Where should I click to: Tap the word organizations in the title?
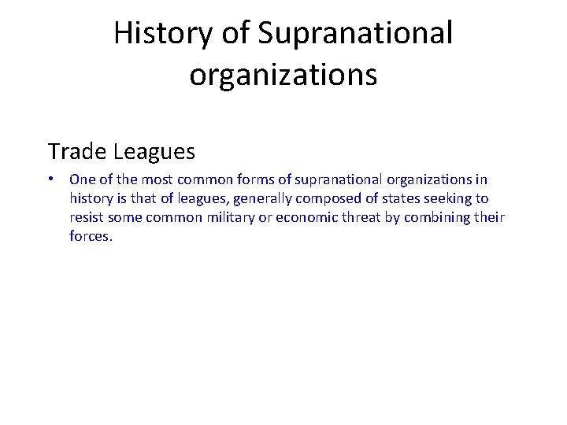(283, 75)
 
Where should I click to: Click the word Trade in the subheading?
(77, 150)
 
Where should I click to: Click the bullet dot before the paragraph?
(50, 179)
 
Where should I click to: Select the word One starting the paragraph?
(81, 179)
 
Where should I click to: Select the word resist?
(87, 217)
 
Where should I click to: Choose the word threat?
(361, 217)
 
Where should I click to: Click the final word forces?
(91, 236)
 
